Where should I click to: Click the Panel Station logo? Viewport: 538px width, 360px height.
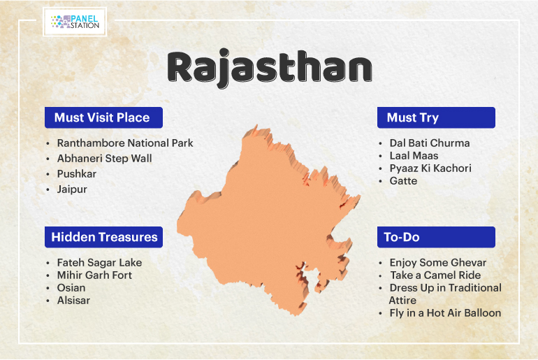coord(75,22)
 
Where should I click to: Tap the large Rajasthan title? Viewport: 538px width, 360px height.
coord(270,68)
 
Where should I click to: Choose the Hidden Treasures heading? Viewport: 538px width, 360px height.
coord(103,237)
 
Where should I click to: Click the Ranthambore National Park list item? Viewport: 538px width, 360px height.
coord(125,143)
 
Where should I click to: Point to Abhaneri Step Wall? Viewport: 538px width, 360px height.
coord(104,159)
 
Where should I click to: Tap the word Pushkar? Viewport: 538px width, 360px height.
coord(77,174)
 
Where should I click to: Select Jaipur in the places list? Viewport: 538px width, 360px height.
coord(72,189)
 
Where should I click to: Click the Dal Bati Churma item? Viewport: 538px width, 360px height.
coord(430,143)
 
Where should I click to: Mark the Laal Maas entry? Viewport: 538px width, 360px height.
coord(414,156)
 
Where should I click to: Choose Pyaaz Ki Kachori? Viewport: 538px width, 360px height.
coord(430,168)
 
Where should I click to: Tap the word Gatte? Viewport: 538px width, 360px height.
coord(403,181)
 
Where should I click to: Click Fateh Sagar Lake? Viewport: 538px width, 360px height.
coord(99,263)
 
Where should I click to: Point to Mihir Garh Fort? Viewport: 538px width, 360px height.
coord(94,275)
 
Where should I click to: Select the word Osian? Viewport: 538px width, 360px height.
coord(71,288)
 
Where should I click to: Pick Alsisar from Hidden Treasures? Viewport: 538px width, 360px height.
coord(73,301)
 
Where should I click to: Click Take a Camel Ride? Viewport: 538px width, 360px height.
coord(435,275)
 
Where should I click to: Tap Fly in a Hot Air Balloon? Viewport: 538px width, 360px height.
coord(445,313)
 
